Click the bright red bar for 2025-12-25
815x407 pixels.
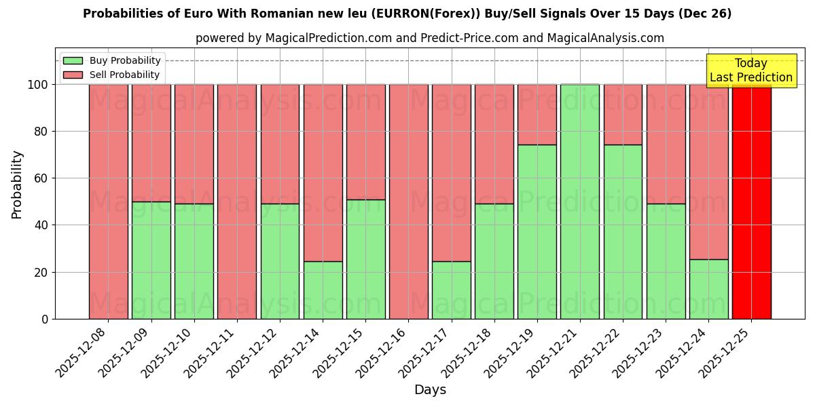coord(751,201)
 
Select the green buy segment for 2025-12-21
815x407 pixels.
coord(580,201)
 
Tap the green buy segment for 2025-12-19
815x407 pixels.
coord(537,231)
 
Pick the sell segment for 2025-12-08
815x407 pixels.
coord(109,201)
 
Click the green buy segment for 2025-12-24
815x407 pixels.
coord(708,289)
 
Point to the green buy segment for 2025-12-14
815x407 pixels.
coord(323,290)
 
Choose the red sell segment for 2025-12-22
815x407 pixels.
coord(623,115)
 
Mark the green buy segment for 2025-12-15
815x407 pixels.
coord(365,259)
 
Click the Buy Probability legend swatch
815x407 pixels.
coord(73,60)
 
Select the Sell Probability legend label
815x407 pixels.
coord(124,75)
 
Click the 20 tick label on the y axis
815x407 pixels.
coord(42,272)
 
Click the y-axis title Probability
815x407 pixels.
coord(17,185)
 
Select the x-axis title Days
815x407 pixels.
coord(430,390)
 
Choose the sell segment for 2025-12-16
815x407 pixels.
coord(408,201)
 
